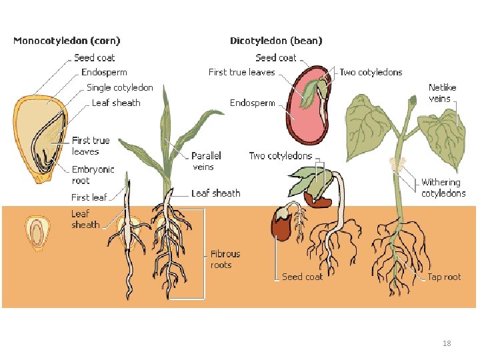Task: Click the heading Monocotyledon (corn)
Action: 67,41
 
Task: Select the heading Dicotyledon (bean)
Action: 276,41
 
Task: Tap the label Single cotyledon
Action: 120,87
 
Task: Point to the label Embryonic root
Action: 93,175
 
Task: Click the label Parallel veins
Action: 206,161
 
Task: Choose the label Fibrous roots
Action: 225,259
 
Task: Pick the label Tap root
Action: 444,277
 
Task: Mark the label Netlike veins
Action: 439,93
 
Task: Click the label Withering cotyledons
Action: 443,187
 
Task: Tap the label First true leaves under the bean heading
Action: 241,72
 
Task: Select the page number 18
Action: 447,343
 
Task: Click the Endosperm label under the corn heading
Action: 104,72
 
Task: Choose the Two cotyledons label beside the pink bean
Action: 371,72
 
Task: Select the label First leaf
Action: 89,197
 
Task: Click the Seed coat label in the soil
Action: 302,277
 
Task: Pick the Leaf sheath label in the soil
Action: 85,219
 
